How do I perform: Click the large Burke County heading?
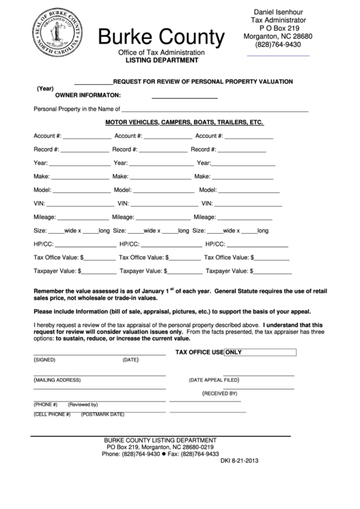pyautogui.click(x=161, y=37)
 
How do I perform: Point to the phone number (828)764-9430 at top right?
pyautogui.click(x=277, y=44)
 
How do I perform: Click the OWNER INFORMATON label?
pyautogui.click(x=83, y=94)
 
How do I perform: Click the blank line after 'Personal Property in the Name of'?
pyautogui.click(x=215, y=109)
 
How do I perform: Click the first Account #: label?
pyautogui.click(x=48, y=136)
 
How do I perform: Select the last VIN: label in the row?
pyautogui.click(x=206, y=203)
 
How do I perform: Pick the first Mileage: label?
pyautogui.click(x=47, y=217)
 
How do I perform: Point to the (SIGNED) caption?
pyautogui.click(x=45, y=359)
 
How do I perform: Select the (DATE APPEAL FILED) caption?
pyautogui.click(x=214, y=380)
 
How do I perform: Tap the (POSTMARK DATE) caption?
pyautogui.click(x=102, y=414)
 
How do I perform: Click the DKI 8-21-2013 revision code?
pyautogui.click(x=240, y=461)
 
